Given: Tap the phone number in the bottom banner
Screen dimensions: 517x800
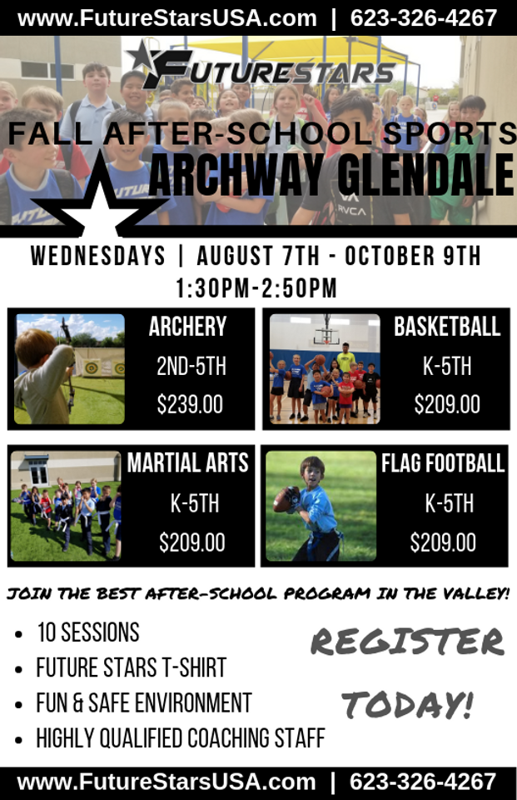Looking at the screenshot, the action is click(423, 781).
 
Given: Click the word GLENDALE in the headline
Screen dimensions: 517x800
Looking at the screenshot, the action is click(425, 176).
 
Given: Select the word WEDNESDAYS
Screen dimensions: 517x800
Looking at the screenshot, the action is click(98, 256).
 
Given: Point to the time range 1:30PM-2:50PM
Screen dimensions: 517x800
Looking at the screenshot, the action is click(256, 288).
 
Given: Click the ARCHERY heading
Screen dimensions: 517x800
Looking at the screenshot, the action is click(187, 327).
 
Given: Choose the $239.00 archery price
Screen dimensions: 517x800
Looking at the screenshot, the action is click(190, 405).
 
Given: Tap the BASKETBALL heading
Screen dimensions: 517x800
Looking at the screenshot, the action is click(447, 327).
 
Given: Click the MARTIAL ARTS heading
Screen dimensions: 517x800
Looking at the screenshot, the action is click(187, 463).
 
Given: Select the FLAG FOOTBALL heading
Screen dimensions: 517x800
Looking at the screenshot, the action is click(443, 463).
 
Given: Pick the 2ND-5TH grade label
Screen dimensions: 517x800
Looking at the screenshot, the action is click(191, 367).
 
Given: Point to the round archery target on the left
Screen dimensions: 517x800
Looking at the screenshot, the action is click(92, 367).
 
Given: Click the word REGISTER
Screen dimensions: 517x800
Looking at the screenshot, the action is click(407, 642).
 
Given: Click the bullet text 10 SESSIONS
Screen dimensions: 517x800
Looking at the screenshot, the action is click(88, 632).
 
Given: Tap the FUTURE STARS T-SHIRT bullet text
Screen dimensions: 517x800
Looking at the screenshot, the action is click(131, 667).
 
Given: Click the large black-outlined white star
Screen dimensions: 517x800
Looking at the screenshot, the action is click(100, 197).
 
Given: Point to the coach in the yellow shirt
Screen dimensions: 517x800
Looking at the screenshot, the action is click(346, 357).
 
